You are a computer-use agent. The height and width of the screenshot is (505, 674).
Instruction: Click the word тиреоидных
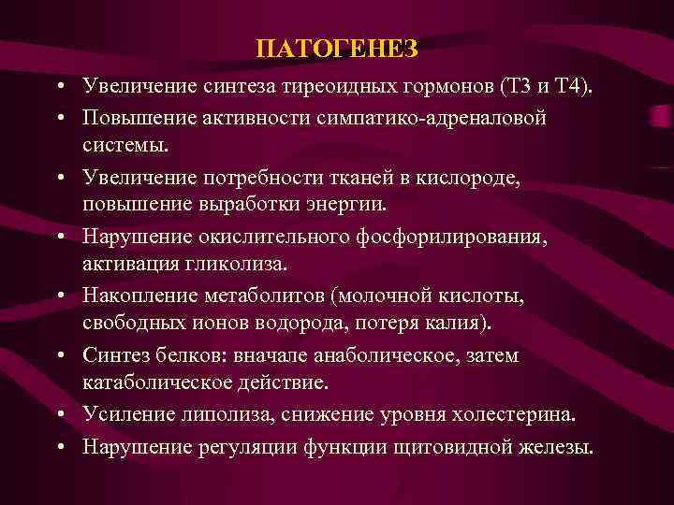click(x=313, y=88)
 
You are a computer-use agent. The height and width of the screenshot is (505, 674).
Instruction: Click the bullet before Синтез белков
click(x=60, y=356)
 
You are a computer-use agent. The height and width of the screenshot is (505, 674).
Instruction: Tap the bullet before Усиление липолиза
click(x=60, y=415)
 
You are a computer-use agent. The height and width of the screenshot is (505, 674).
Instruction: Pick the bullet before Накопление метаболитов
click(x=60, y=296)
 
